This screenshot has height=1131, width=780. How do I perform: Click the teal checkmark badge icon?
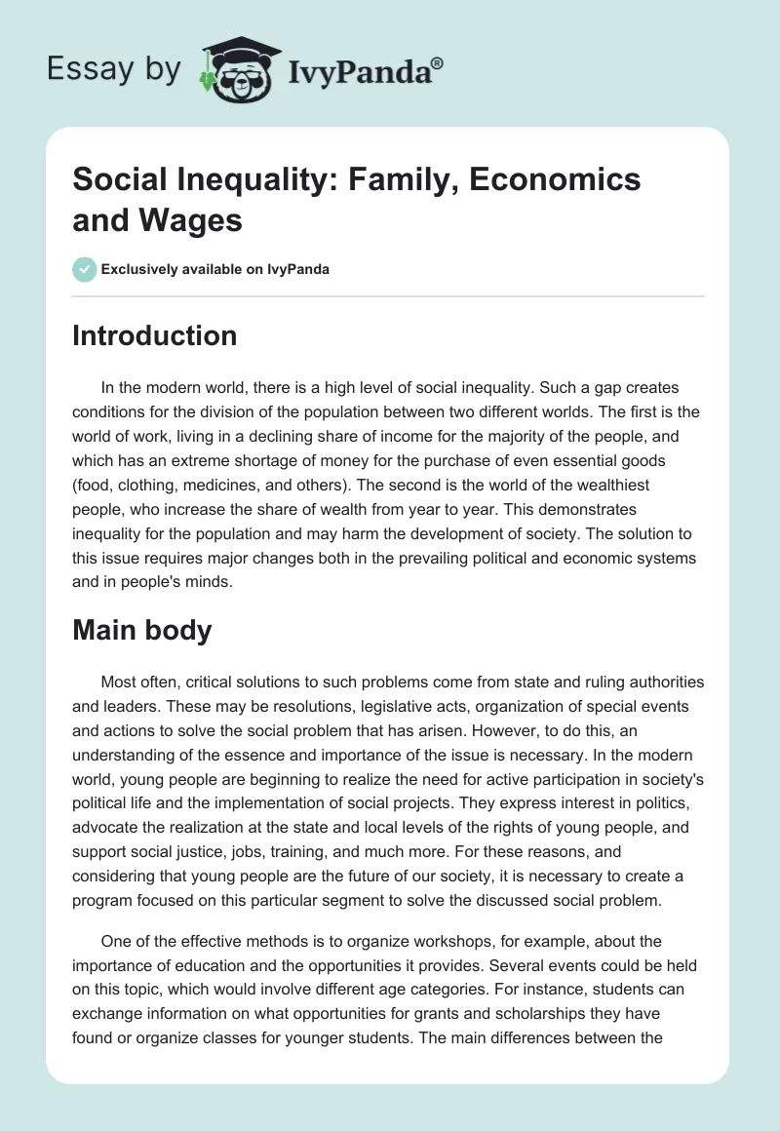pos(86,269)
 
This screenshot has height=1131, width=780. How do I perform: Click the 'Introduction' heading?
pos(154,335)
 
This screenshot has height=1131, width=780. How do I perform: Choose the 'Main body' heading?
pos(141,630)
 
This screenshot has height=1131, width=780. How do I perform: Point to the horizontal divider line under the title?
pos(389,295)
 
